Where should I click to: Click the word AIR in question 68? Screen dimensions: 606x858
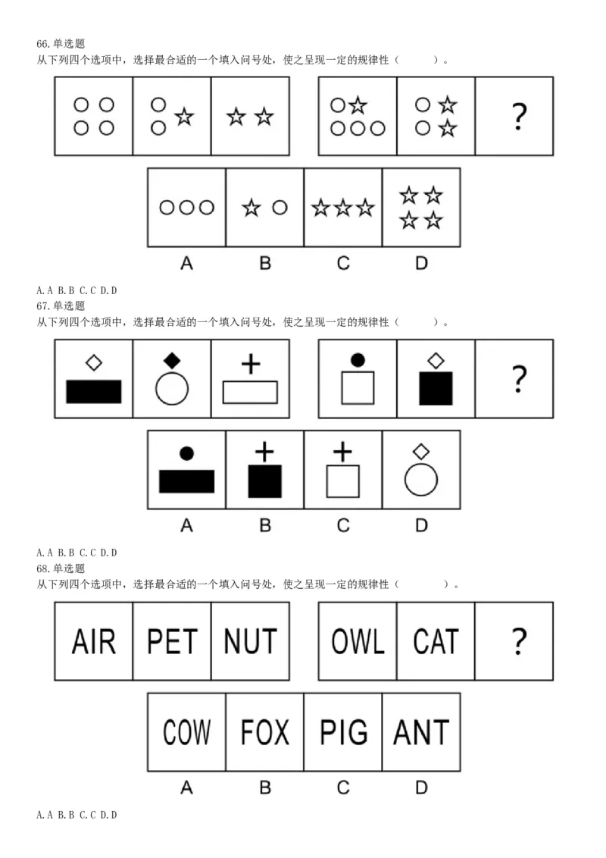pyautogui.click(x=94, y=641)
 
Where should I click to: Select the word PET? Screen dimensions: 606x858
pyautogui.click(x=172, y=641)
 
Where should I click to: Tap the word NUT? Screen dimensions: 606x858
pyautogui.click(x=251, y=641)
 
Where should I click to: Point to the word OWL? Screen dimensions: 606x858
pyautogui.click(x=358, y=641)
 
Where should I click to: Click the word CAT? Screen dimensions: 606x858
pyautogui.click(x=436, y=641)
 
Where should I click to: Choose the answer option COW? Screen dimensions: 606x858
pyautogui.click(x=186, y=732)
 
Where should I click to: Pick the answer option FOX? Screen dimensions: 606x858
pyautogui.click(x=264, y=732)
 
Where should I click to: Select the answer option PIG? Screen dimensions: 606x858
pyautogui.click(x=343, y=732)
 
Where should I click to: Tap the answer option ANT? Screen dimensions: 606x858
pyautogui.click(x=421, y=732)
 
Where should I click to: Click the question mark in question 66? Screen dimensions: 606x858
pyautogui.click(x=519, y=117)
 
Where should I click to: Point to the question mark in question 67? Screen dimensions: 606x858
pyautogui.click(x=519, y=379)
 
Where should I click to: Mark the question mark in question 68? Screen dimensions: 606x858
pyautogui.click(x=519, y=641)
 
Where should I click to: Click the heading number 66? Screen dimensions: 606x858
pyautogui.click(x=42, y=44)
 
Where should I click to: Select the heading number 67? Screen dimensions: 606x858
pyautogui.click(x=42, y=306)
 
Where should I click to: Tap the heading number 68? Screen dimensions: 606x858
pyautogui.click(x=42, y=568)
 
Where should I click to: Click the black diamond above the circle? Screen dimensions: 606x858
pyautogui.click(x=172, y=361)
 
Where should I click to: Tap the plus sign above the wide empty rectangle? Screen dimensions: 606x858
pyautogui.click(x=251, y=364)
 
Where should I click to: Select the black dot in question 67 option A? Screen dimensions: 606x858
pyautogui.click(x=186, y=453)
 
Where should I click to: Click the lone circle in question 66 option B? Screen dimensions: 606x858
pyautogui.click(x=280, y=208)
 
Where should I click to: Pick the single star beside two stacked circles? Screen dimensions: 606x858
pyautogui.click(x=184, y=117)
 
